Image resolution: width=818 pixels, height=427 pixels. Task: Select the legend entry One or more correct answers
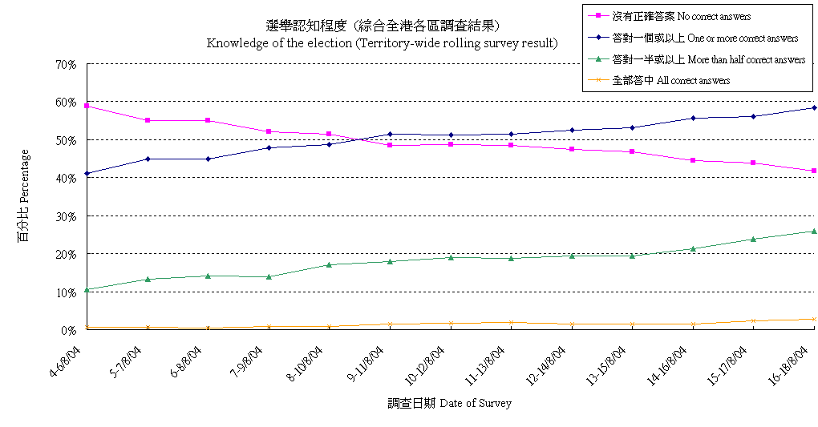point(704,38)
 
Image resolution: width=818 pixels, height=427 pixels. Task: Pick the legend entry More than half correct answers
point(708,60)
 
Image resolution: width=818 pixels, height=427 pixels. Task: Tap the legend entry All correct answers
point(670,81)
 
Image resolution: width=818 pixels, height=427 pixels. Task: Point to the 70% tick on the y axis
point(66,64)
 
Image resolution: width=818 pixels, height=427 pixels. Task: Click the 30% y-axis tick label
point(66,216)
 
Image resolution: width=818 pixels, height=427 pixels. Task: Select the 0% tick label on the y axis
point(69,330)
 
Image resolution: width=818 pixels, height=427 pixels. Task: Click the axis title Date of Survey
point(449,404)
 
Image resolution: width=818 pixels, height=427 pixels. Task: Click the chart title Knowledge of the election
point(382,43)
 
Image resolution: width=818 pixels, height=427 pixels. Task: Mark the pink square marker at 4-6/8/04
point(87,106)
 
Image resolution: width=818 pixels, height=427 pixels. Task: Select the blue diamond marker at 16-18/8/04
point(814,107)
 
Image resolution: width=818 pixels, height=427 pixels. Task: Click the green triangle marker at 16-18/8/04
point(814,231)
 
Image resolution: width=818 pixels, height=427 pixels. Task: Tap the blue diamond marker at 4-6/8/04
point(87,173)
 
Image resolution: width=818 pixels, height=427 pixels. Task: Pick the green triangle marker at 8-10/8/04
point(330,264)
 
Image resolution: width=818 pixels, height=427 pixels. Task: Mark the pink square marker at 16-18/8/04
point(814,171)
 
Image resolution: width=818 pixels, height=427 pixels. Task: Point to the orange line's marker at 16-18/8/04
point(814,319)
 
